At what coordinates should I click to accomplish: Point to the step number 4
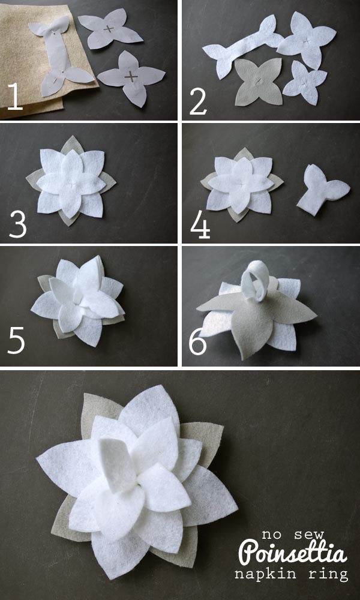[200, 226]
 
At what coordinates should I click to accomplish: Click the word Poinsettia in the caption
[293, 553]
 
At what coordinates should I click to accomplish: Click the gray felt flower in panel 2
[258, 82]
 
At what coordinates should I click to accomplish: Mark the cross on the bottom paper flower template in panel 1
[131, 77]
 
